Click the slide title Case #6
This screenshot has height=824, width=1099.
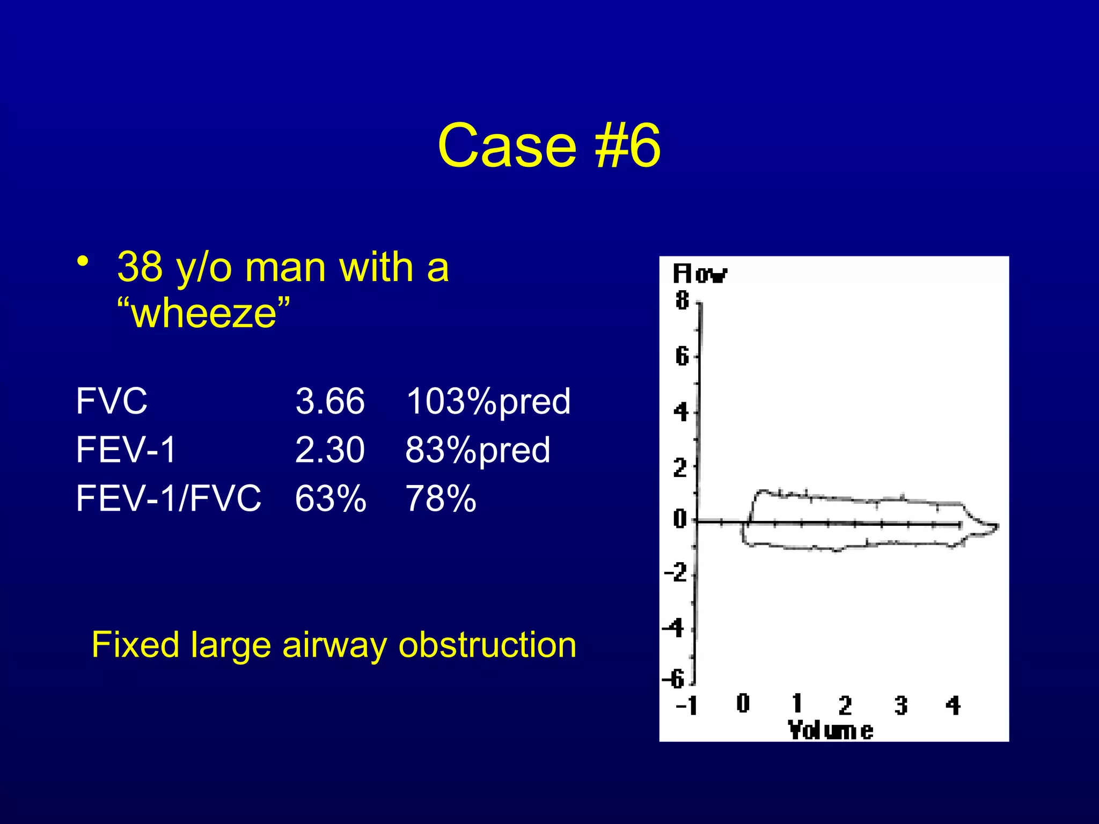549,145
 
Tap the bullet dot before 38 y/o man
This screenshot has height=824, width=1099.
82,261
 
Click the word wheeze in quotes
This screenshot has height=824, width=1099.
204,313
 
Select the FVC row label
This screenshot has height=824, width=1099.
112,401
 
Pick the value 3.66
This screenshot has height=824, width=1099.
329,401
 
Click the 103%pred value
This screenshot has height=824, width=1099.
488,401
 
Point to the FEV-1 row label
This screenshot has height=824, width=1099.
126,450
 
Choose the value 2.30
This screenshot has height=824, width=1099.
329,450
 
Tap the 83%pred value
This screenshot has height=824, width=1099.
478,450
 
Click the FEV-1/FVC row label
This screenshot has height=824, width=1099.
168,498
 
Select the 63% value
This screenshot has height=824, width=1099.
331,498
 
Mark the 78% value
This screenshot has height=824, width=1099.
441,498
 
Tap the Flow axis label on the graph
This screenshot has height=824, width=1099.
700,274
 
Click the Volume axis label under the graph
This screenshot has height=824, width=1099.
830,731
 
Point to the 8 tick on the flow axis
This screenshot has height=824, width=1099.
682,300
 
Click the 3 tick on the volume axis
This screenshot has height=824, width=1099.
901,705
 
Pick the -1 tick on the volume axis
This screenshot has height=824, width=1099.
687,705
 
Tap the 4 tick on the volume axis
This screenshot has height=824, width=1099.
953,705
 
